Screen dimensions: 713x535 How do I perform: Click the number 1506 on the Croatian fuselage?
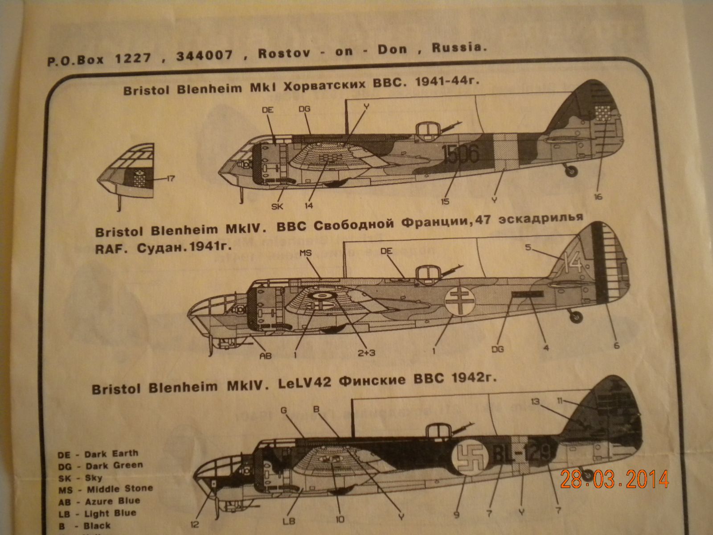point(459,154)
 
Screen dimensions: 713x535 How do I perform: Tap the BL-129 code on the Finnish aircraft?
point(518,454)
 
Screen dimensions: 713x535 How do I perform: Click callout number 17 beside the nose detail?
point(169,179)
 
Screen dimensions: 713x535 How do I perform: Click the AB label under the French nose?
point(266,356)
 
